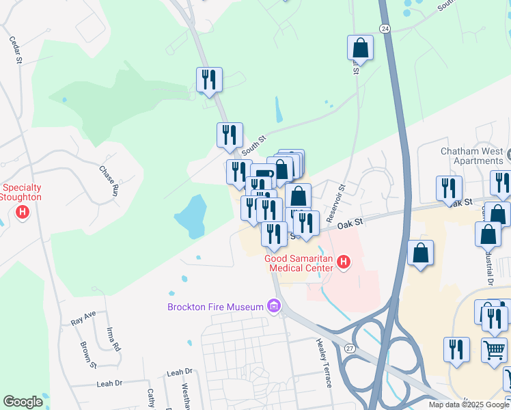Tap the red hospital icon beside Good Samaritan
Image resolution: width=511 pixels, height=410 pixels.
coord(344,262)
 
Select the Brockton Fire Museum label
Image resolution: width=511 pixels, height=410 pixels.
coord(215,307)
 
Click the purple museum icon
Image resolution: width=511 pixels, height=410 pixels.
coord(275,306)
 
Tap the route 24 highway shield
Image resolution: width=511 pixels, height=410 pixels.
coord(385,29)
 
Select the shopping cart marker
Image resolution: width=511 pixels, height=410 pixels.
coord(495,350)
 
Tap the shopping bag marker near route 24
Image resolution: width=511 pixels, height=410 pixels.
coord(360,49)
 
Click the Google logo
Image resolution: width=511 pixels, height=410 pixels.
coord(23,402)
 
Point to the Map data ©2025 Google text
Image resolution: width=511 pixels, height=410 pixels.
coord(469,405)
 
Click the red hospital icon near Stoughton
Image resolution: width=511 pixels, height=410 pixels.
coord(23,213)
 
